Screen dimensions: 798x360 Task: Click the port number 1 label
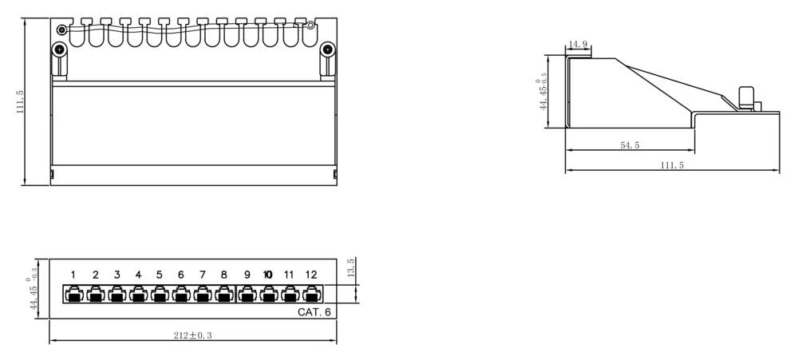pos(73,275)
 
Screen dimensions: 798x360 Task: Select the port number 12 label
pos(311,275)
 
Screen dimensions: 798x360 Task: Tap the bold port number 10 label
pos(268,275)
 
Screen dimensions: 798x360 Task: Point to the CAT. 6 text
pos(314,312)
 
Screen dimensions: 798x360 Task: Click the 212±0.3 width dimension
pos(193,335)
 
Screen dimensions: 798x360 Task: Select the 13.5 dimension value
pos(350,268)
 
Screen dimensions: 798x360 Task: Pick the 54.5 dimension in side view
pos(630,145)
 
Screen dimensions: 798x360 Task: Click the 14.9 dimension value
pos(578,44)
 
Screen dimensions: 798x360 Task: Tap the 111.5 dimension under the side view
pos(672,165)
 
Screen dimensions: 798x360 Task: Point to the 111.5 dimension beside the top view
pos(21,102)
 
